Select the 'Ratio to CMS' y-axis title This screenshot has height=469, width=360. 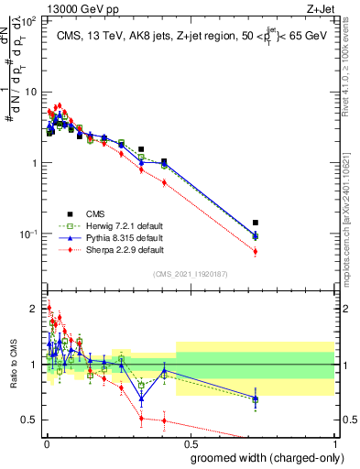pyautogui.click(x=12, y=366)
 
